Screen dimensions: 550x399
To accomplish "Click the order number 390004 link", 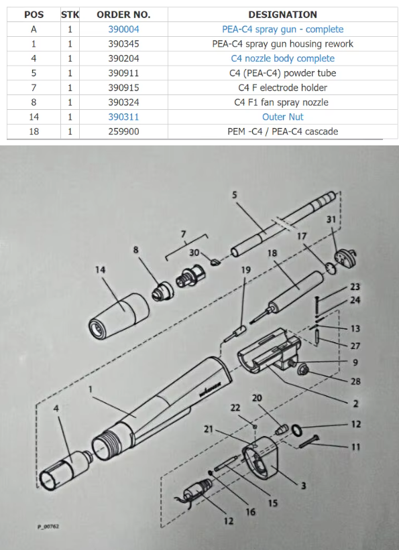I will tap(123, 29).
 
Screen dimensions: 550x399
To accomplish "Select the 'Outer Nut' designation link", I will tap(282, 117).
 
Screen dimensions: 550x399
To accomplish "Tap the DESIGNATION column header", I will tap(282, 14).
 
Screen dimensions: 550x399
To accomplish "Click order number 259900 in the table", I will tap(123, 131).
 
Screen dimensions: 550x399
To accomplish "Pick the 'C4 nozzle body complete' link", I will tap(282, 58).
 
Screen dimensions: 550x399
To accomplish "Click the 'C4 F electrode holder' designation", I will tap(282, 88).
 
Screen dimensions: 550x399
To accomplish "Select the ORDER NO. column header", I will tap(123, 14).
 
